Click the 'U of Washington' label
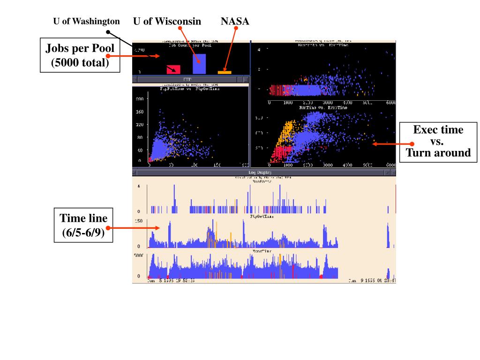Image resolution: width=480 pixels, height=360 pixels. [x=86, y=22]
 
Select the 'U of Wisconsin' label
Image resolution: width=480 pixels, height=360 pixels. [x=167, y=21]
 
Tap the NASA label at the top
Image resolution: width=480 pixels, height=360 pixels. [x=235, y=21]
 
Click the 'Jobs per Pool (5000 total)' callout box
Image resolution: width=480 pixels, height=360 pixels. [x=80, y=55]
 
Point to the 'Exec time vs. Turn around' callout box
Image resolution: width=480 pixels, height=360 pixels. [x=438, y=142]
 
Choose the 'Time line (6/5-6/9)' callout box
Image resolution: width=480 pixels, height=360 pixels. [x=83, y=225]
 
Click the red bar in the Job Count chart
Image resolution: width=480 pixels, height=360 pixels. [x=173, y=69]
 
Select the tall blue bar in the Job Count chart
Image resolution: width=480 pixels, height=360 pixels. [x=199, y=63]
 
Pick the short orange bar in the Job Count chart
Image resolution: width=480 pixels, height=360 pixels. [x=225, y=72]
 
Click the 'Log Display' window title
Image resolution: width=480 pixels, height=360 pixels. [x=262, y=173]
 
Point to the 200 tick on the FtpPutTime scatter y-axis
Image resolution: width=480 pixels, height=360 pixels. [x=140, y=99]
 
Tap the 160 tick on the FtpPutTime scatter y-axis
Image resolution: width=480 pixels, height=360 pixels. [x=140, y=112]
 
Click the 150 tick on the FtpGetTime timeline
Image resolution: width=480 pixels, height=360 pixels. [x=139, y=221]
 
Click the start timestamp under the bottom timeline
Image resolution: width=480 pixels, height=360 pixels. [x=171, y=281]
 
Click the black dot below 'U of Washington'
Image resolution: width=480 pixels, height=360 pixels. [x=108, y=32]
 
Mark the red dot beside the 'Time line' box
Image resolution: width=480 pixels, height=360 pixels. [x=109, y=228]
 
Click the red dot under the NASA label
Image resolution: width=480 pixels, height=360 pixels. [x=236, y=29]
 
